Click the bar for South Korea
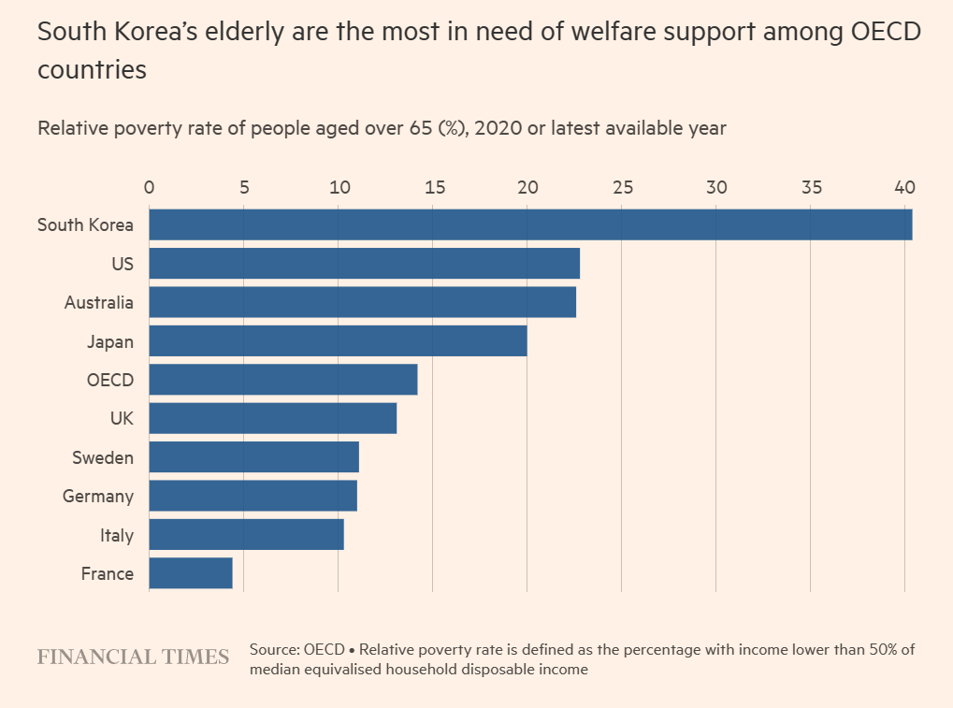pyautogui.click(x=530, y=224)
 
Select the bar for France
pyautogui.click(x=191, y=573)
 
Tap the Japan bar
pyautogui.click(x=338, y=341)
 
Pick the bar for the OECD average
pyautogui.click(x=282, y=380)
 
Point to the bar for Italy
pyautogui.click(x=246, y=535)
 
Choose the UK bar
pyautogui.click(x=272, y=418)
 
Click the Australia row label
pyautogui.click(x=98, y=303)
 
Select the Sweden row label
pyautogui.click(x=102, y=458)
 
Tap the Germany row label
pyautogui.click(x=97, y=497)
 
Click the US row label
pyautogui.click(x=122, y=264)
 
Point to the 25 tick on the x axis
pyautogui.click(x=621, y=186)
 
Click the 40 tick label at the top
pyautogui.click(x=904, y=186)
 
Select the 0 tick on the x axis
pyautogui.click(x=149, y=186)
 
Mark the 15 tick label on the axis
pyautogui.click(x=432, y=186)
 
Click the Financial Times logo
pyautogui.click(x=133, y=657)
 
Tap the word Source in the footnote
pyautogui.click(x=274, y=649)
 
